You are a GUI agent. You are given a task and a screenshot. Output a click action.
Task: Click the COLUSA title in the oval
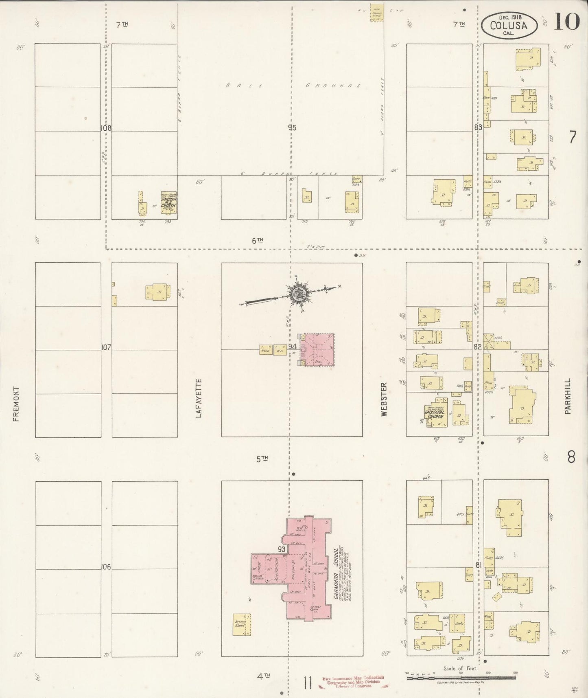coord(509,26)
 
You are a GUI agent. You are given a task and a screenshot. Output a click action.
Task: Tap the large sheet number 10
coord(566,22)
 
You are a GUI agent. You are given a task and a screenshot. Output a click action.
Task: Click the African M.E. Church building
coord(168,202)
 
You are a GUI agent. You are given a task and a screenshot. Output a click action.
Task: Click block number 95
coord(291,127)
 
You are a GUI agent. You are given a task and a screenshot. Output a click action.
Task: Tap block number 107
coord(106,347)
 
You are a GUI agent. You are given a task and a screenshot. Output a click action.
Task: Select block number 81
coord(478,565)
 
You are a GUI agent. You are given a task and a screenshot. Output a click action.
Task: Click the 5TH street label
coord(262,459)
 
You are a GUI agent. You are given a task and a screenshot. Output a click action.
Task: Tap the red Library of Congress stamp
coord(353,682)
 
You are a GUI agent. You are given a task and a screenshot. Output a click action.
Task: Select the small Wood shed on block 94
coord(265,350)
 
